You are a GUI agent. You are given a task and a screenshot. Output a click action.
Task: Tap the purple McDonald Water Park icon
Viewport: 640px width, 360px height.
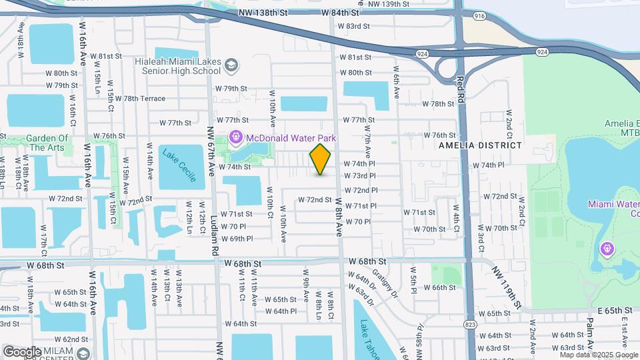point(235,138)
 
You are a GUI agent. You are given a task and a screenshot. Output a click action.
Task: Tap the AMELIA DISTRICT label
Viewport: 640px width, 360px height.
point(480,145)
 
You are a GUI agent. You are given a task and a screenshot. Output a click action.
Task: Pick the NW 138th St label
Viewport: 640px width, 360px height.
point(265,13)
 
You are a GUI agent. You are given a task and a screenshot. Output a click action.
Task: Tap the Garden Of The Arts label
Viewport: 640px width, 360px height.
point(47,143)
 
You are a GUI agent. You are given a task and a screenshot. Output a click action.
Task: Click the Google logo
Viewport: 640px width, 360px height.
point(22,351)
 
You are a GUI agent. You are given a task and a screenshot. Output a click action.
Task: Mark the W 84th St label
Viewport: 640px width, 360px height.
point(339,13)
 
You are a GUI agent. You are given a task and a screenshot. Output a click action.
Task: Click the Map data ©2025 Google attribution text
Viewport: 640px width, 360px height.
point(599,355)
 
